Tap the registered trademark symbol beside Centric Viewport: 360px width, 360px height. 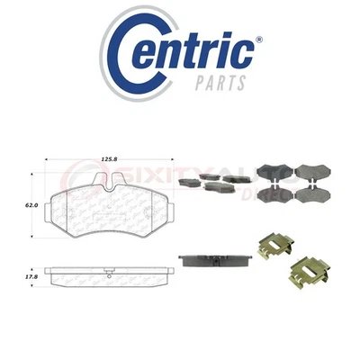259,40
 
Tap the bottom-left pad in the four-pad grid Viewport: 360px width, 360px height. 269,194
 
